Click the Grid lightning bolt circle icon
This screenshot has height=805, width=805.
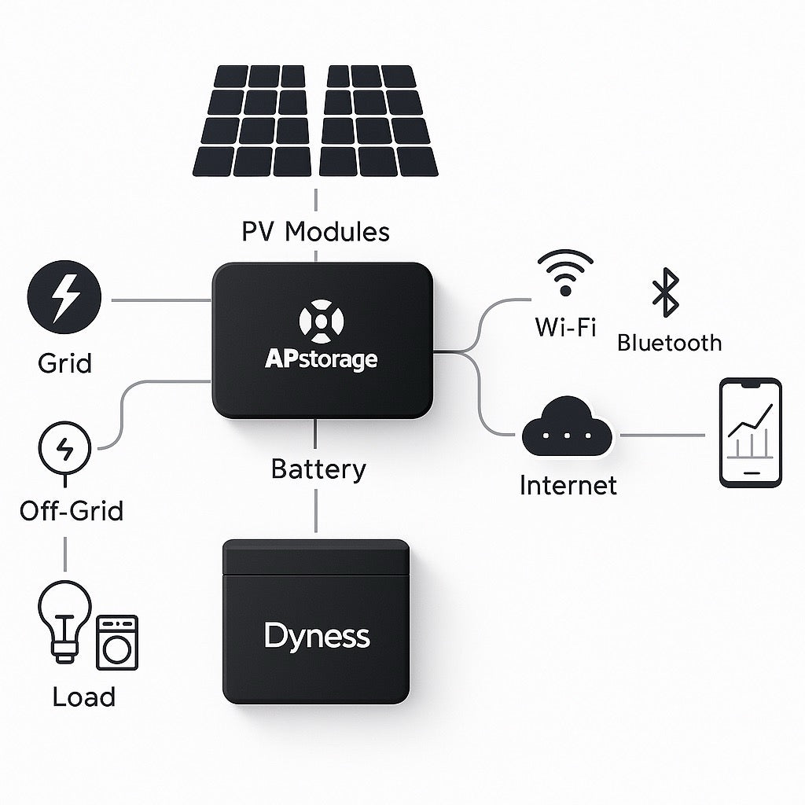click(64, 300)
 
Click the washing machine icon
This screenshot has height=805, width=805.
click(116, 642)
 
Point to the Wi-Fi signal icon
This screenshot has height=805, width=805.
click(564, 273)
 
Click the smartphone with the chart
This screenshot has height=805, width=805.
click(751, 433)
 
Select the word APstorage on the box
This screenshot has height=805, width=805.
click(321, 360)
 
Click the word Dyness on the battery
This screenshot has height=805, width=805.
click(317, 635)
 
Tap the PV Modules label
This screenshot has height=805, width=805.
click(315, 232)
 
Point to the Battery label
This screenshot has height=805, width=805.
click(318, 469)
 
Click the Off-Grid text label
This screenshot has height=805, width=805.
click(72, 511)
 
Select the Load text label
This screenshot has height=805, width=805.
click(83, 697)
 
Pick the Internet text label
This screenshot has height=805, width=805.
click(568, 485)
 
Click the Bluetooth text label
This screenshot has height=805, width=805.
click(669, 343)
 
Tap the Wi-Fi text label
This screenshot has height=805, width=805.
click(564, 325)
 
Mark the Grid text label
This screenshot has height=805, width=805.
click(64, 363)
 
